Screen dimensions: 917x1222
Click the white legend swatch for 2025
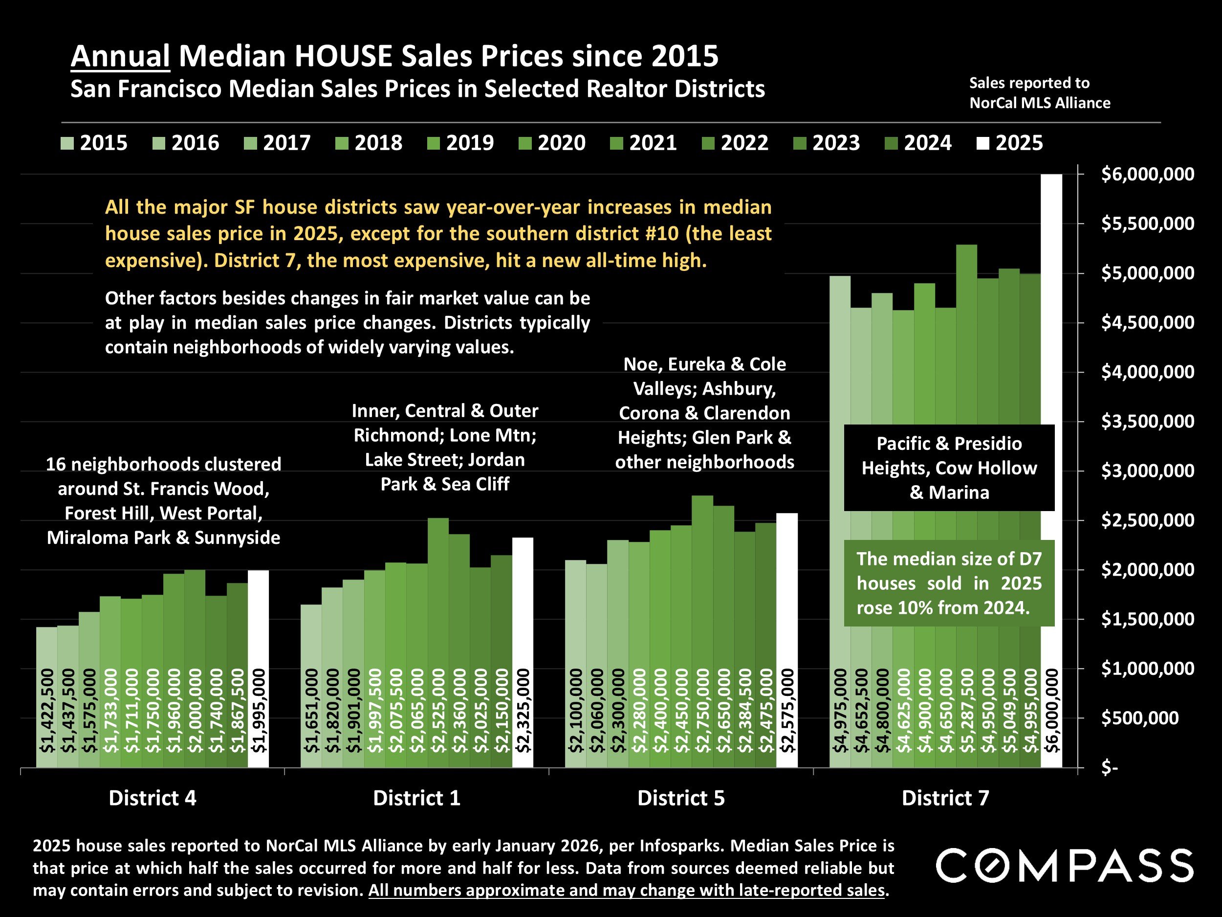point(983,144)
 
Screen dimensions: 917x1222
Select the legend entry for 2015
point(94,143)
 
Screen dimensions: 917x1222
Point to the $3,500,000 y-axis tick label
point(1147,422)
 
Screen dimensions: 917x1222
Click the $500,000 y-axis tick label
point(1140,718)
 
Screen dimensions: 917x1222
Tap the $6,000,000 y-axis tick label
point(1147,175)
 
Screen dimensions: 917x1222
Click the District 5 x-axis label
point(680,798)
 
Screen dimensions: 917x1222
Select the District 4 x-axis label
point(153,798)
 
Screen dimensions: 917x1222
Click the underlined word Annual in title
point(120,56)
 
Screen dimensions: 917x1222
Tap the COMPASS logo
point(1064,866)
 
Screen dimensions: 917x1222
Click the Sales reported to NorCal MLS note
point(1039,93)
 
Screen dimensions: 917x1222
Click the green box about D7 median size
point(949,583)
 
